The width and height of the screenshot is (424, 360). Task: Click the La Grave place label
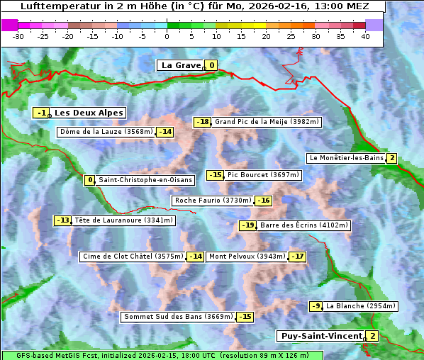(181, 65)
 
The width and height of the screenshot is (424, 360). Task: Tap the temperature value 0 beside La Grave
(211, 66)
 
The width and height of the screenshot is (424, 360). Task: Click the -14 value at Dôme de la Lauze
(165, 132)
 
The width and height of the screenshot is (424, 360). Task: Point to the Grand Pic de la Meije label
(267, 122)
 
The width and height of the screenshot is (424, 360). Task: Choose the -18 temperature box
(203, 122)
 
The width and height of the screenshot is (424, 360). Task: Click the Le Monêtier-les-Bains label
(346, 158)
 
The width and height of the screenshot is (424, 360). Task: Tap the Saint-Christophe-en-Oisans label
(145, 180)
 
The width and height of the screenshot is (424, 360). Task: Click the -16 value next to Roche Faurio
(264, 201)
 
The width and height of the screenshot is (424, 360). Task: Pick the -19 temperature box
(247, 225)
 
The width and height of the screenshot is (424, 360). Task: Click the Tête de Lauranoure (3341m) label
(123, 220)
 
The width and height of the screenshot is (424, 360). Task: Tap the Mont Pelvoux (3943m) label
(247, 257)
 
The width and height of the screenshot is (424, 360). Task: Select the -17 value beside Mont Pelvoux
(297, 257)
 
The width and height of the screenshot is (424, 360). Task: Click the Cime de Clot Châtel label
(133, 257)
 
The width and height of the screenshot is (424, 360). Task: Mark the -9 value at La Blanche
(316, 306)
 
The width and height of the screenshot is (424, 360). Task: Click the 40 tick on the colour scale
(365, 36)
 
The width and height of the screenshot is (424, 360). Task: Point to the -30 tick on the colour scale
(18, 36)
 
